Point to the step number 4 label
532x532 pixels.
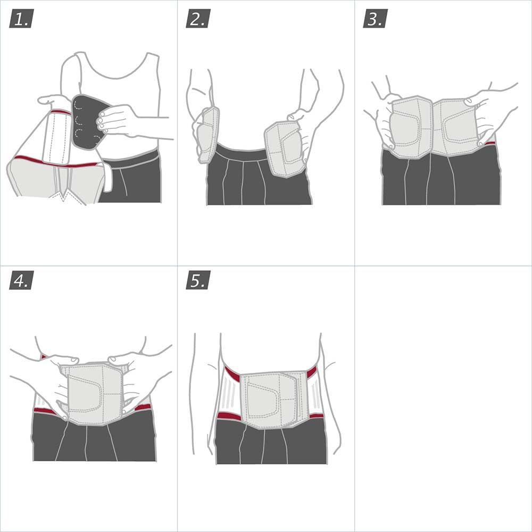[x=21, y=280]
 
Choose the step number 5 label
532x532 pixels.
[x=198, y=280]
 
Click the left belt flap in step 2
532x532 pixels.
[x=207, y=133]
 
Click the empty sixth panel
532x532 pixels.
[x=443, y=399]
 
